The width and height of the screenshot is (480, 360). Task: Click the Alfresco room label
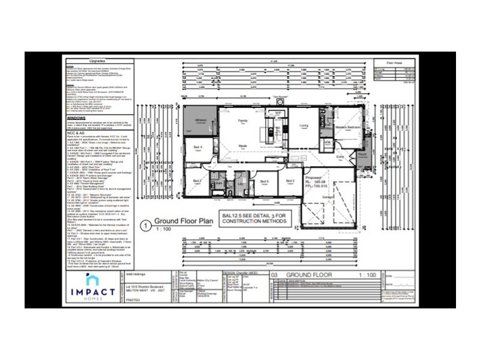click(x=201, y=120)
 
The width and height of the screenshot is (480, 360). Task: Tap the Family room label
click(x=243, y=121)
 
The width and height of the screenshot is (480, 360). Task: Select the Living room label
click(x=304, y=125)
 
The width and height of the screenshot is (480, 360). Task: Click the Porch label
click(x=362, y=154)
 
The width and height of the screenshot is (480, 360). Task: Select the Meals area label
click(x=244, y=146)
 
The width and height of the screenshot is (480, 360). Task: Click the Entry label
click(x=340, y=157)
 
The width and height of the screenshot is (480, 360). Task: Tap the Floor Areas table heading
click(x=394, y=61)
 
